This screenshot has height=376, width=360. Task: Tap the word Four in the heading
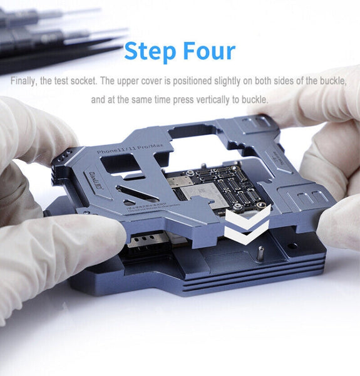(207, 51)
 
